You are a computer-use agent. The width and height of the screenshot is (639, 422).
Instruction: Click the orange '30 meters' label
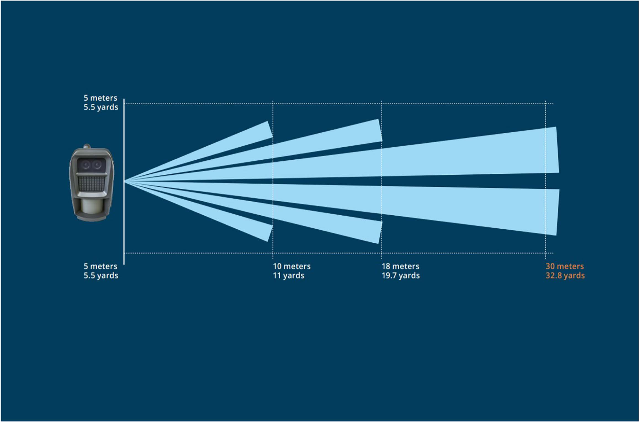(x=565, y=266)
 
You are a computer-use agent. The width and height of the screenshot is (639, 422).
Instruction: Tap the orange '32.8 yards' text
(x=565, y=276)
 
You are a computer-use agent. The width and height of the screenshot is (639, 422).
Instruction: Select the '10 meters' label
(x=292, y=266)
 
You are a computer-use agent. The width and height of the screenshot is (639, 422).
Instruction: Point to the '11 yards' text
(x=289, y=276)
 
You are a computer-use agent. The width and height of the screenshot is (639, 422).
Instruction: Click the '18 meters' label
(x=401, y=266)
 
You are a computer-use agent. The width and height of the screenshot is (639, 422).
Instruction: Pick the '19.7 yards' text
(x=401, y=276)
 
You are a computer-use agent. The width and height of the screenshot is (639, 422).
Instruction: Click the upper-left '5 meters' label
(x=100, y=98)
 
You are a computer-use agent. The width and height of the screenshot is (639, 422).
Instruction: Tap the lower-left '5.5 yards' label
(x=101, y=276)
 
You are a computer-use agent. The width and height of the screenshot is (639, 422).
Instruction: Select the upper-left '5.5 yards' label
(x=101, y=107)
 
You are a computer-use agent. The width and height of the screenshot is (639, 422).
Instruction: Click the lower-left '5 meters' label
(x=100, y=266)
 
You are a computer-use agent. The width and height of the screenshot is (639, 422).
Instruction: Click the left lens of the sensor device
(x=85, y=165)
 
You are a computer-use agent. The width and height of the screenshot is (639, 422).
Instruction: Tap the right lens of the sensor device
(x=97, y=165)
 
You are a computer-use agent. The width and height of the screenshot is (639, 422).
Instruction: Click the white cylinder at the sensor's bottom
(x=91, y=206)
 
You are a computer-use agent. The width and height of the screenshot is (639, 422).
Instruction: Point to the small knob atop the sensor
(x=87, y=146)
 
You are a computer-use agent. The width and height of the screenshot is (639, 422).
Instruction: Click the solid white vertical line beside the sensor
(x=124, y=181)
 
